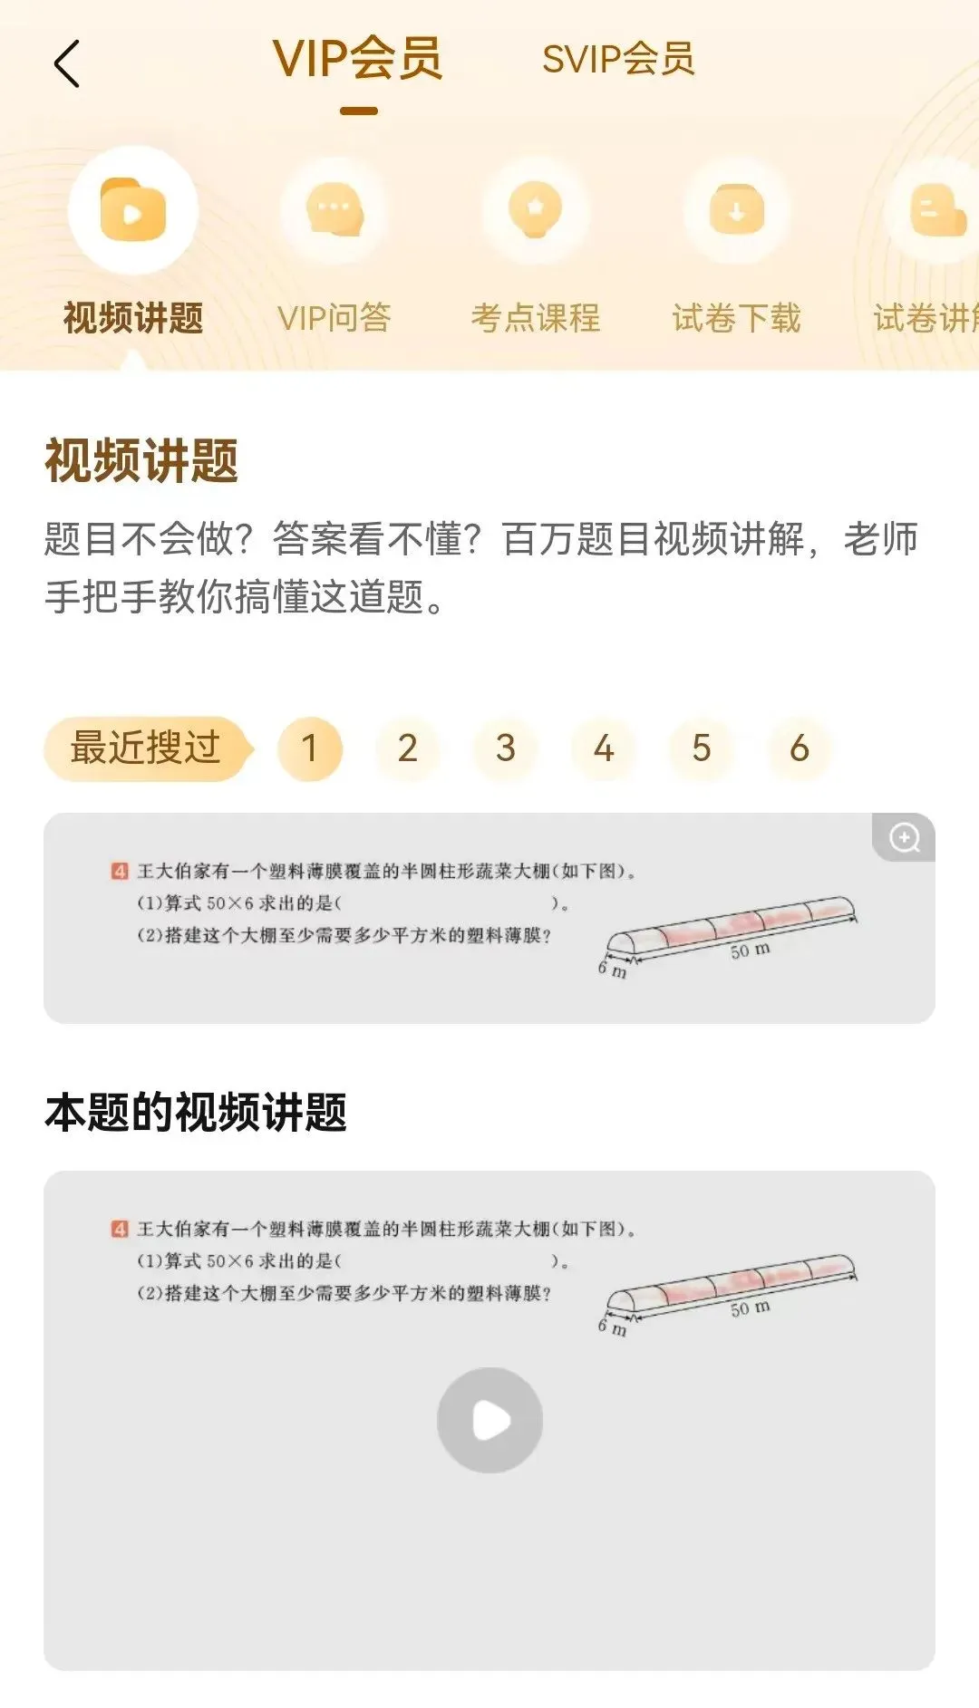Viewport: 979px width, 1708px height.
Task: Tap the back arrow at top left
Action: point(67,63)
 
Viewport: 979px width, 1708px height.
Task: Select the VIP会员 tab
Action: point(358,59)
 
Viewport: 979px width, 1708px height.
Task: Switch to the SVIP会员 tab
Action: point(618,60)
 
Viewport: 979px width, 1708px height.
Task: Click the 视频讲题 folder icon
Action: point(133,209)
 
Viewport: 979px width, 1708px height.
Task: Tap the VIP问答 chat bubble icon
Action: point(334,209)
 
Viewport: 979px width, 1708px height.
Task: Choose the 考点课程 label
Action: point(536,318)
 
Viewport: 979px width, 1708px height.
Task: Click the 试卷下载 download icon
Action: point(737,209)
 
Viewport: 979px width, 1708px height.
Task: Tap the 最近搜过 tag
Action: point(148,748)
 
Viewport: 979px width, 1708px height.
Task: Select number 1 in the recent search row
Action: point(310,748)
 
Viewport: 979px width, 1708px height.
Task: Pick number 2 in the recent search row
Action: point(408,748)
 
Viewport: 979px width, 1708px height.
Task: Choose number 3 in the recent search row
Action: point(506,748)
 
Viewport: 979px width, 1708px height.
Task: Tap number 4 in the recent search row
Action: point(604,748)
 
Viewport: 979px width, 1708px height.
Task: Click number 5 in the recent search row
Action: point(702,748)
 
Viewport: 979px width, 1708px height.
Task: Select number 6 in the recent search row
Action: point(800,748)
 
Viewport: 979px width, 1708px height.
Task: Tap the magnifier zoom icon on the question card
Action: point(904,837)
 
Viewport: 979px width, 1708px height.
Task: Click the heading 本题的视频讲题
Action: point(196,1113)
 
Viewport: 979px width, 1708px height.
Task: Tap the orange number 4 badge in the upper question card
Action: point(121,872)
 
